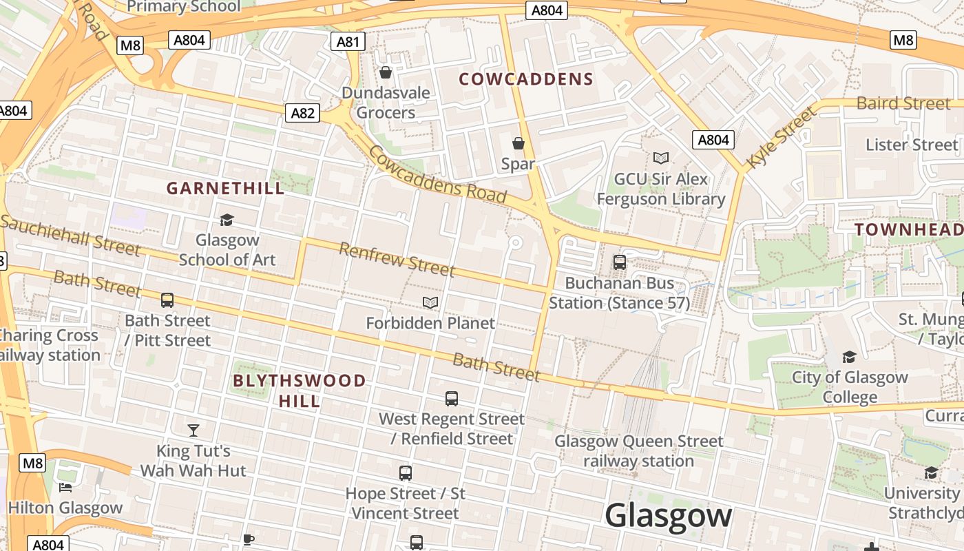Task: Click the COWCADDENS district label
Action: coord(526,79)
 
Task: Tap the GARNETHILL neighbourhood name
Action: coord(225,188)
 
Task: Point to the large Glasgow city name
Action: coord(668,516)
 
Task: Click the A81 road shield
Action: coord(348,42)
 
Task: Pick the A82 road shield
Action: coord(303,113)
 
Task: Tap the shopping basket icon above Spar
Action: coord(518,143)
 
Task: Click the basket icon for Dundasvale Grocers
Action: coord(386,72)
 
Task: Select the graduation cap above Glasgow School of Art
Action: coord(227,220)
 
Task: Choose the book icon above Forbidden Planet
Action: coord(430,302)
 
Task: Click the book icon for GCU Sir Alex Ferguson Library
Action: coord(661,158)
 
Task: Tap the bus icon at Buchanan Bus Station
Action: coord(620,262)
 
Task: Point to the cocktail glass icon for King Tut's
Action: coord(193,430)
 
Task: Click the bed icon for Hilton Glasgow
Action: coord(65,488)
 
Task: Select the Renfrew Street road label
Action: coord(397,259)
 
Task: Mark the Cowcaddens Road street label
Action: coord(438,176)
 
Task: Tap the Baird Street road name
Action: coord(903,103)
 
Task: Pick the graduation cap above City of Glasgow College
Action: coord(850,357)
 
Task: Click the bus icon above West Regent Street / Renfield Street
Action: coord(452,398)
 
